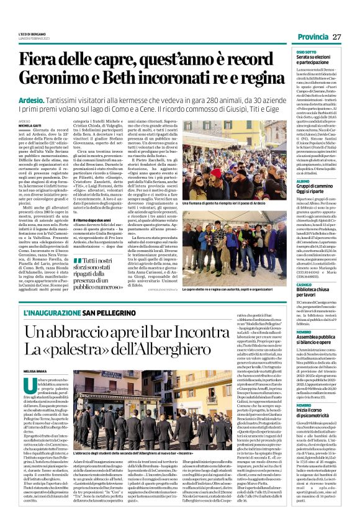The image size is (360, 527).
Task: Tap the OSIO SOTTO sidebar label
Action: (307, 52)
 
